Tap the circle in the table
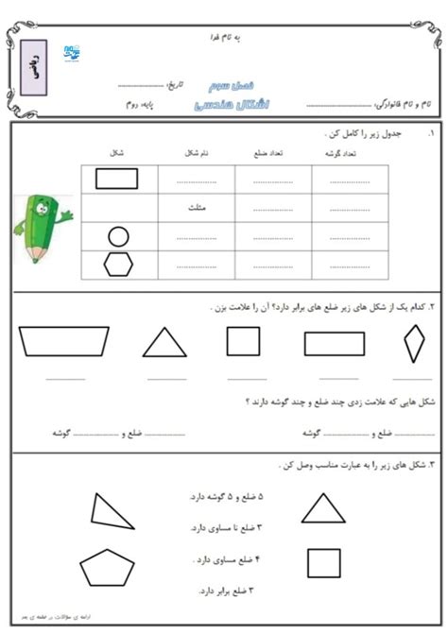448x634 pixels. [118, 236]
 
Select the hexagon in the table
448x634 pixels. [118, 266]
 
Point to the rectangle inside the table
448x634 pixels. [118, 178]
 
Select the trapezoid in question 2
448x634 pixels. [64, 340]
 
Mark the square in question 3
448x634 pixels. [324, 563]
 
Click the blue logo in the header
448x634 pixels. [73, 55]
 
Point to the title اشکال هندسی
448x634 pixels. [224, 99]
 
